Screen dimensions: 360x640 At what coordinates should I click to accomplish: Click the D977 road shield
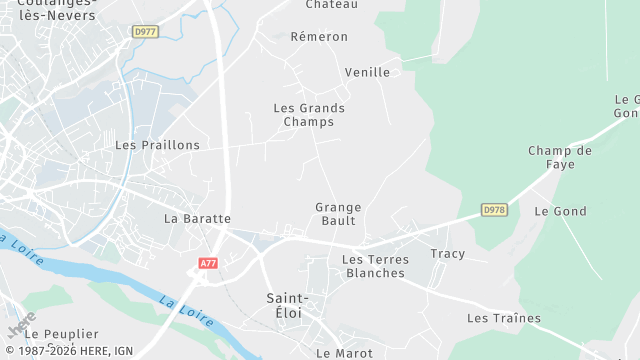[x=145, y=32]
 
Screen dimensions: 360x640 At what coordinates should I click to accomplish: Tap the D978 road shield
[x=494, y=209]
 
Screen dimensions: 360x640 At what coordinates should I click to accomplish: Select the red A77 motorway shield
[x=208, y=263]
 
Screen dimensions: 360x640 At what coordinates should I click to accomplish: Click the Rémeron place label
[x=319, y=37]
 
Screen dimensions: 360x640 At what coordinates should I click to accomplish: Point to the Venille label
[x=367, y=72]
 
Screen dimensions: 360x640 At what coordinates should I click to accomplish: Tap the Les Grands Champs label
[x=309, y=115]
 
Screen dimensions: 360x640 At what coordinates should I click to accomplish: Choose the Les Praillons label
[x=157, y=145]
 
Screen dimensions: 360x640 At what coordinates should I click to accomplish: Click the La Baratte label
[x=197, y=218]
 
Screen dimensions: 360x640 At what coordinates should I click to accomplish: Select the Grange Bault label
[x=338, y=214]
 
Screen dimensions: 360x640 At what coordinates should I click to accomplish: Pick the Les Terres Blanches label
[x=375, y=266]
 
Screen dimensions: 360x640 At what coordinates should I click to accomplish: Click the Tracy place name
[x=448, y=254]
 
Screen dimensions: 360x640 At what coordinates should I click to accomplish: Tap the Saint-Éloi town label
[x=288, y=306]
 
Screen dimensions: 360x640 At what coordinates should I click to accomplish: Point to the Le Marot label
[x=344, y=353]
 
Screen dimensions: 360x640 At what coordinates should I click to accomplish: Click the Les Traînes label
[x=504, y=319]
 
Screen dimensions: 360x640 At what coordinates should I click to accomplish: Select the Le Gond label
[x=560, y=212]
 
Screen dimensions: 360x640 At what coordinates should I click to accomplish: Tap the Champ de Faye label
[x=560, y=157]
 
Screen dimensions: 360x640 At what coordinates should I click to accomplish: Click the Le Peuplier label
[x=62, y=334]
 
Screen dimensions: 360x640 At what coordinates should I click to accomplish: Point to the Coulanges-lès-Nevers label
[x=57, y=10]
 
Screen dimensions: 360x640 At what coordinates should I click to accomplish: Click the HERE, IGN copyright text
[x=67, y=351]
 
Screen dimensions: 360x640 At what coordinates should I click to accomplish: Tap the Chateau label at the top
[x=332, y=5]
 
